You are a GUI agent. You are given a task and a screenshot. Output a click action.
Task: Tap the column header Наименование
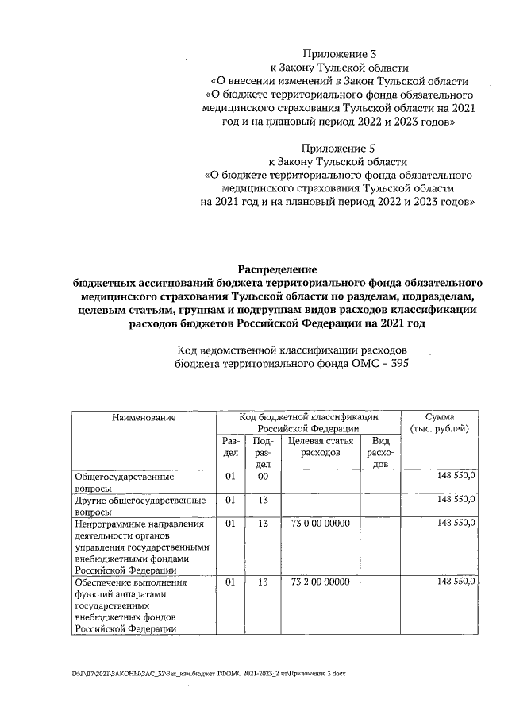(x=144, y=417)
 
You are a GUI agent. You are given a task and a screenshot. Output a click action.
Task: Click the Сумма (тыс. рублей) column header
(x=440, y=423)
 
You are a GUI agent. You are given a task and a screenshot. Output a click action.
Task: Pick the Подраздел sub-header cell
(x=263, y=452)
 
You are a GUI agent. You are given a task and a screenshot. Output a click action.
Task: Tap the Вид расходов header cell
(x=380, y=452)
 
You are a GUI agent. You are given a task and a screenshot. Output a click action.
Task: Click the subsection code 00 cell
(x=263, y=476)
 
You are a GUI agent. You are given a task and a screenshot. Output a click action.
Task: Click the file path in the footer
(x=210, y=672)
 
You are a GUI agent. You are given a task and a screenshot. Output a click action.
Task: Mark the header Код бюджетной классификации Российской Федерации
(x=309, y=423)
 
